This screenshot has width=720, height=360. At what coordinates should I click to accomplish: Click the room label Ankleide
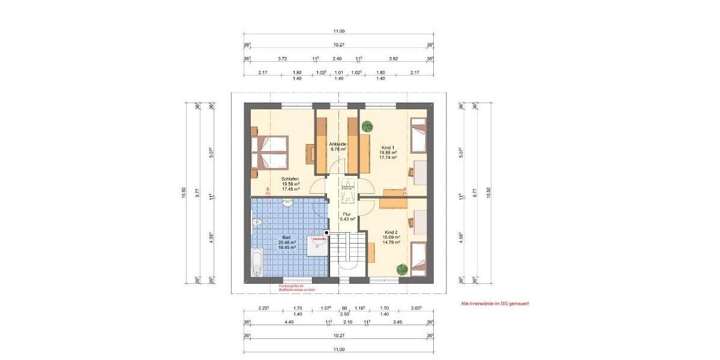tap(338, 144)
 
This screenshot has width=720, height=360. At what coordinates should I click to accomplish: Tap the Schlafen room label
tap(290, 179)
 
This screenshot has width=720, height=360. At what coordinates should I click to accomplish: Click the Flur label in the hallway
tap(346, 214)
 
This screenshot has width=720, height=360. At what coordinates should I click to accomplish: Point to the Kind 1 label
tap(388, 147)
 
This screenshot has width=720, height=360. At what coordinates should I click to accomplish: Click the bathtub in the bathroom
tap(256, 263)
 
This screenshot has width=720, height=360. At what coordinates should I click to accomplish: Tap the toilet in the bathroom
tap(258, 223)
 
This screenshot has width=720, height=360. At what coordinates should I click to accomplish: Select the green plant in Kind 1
tap(367, 127)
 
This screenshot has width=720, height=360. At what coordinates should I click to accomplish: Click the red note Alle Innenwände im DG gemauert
tap(495, 304)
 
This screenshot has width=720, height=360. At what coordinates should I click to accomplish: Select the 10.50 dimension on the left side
tap(184, 192)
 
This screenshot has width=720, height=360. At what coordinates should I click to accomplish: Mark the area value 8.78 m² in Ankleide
tap(338, 149)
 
